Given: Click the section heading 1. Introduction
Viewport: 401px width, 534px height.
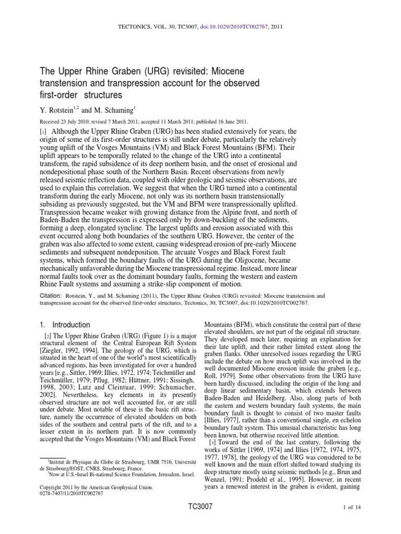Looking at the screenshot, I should click(x=66, y=324).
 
